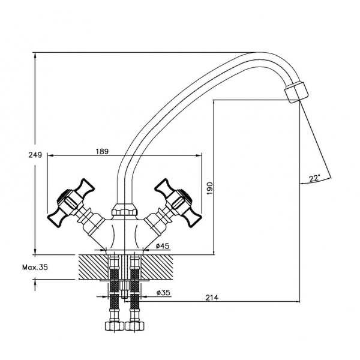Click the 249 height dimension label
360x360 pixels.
tap(35, 155)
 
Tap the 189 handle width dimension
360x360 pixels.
tap(102, 152)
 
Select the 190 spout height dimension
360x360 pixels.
tap(209, 188)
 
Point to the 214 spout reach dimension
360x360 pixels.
tap(212, 298)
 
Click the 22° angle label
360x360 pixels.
tap(314, 178)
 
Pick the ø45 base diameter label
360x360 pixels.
tap(163, 246)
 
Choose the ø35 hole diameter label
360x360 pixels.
tap(163, 293)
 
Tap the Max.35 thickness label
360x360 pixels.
tap(35, 267)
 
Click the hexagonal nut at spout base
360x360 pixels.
tap(124, 209)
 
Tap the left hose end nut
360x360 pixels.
tap(115, 326)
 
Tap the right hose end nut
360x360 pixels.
tap(135, 326)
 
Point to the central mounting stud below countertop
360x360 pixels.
tap(124, 290)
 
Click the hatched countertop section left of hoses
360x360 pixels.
tap(93, 267)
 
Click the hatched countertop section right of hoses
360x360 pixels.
tap(157, 267)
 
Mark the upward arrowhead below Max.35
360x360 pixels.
tap(35, 282)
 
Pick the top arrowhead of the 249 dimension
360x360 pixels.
tap(35, 56)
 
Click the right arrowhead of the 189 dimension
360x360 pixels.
tap(199, 155)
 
